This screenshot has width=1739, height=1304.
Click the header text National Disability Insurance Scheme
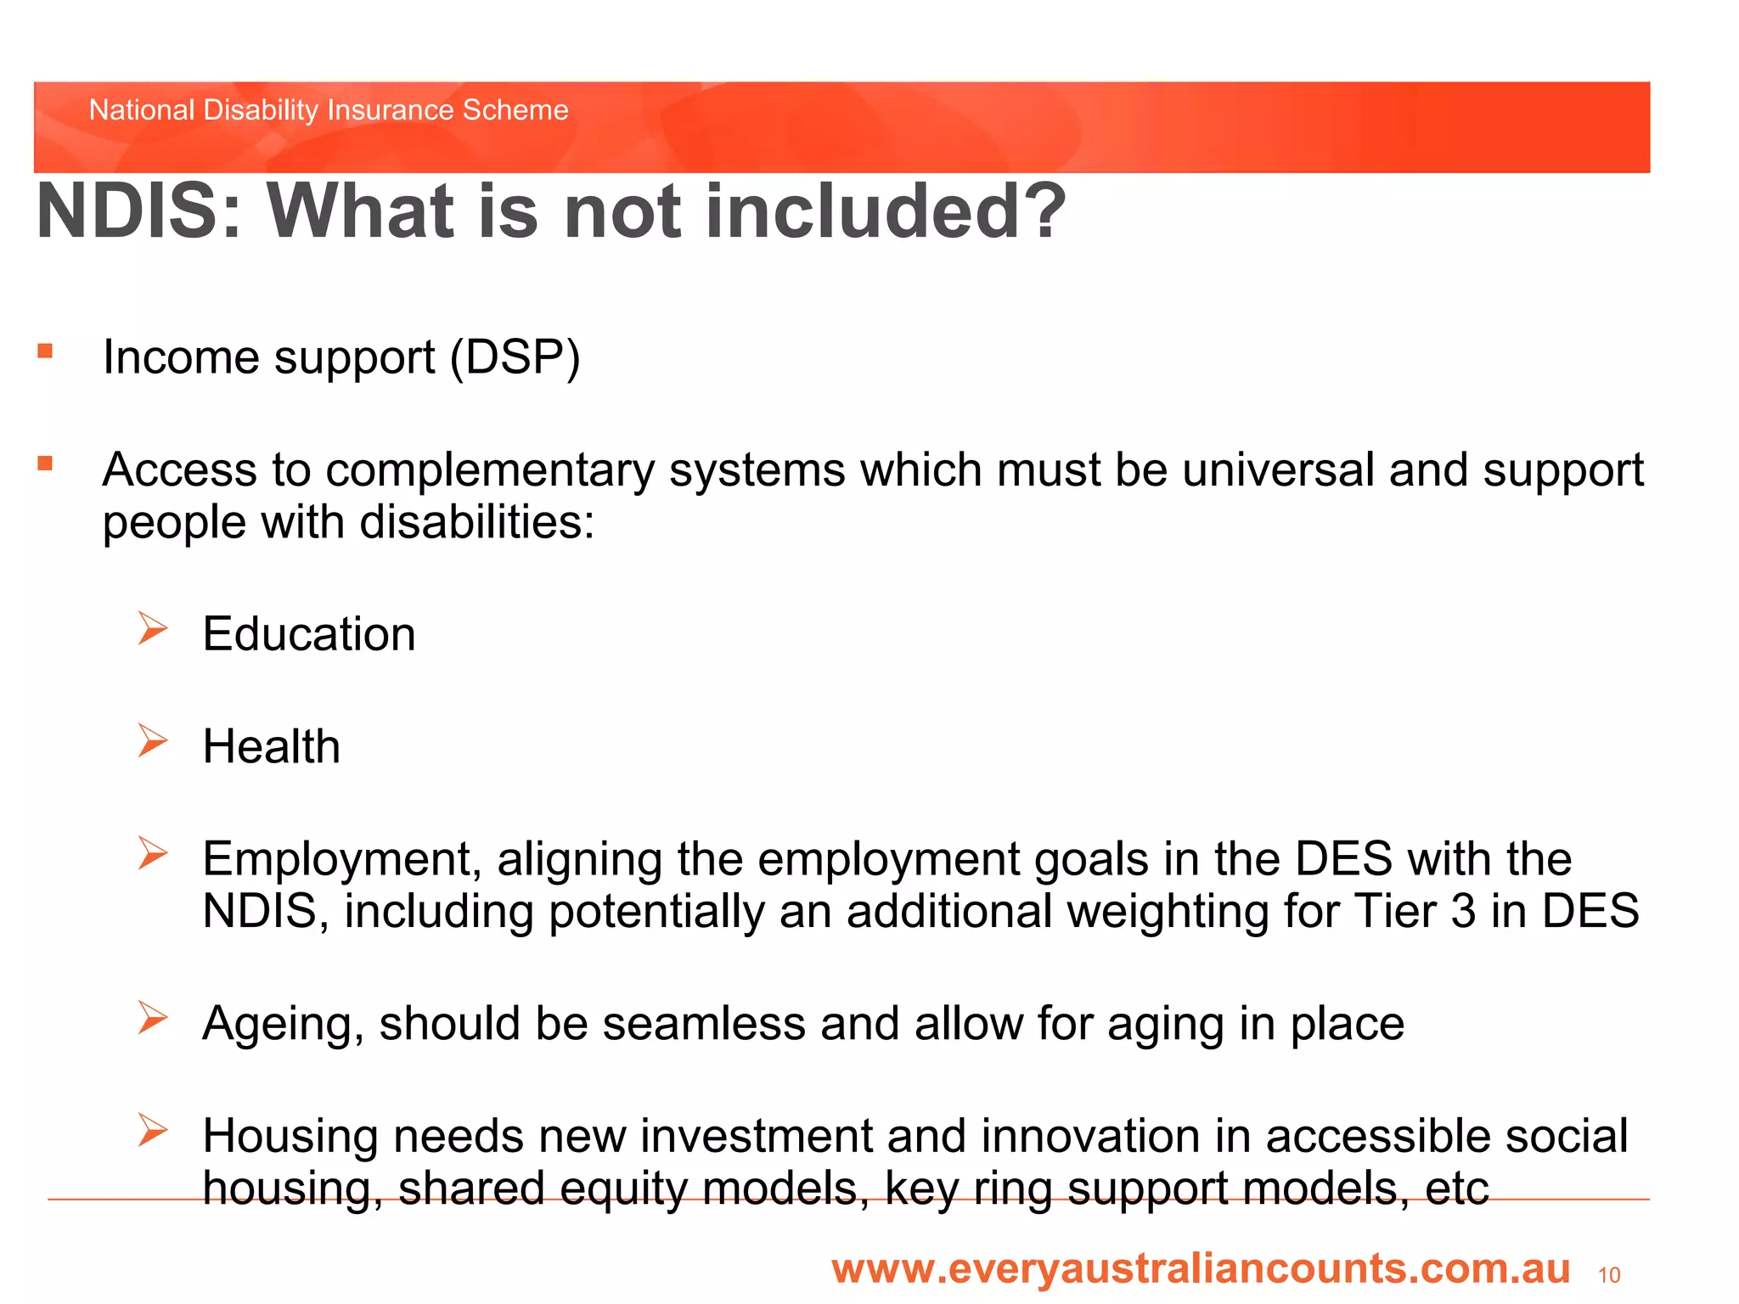tap(329, 110)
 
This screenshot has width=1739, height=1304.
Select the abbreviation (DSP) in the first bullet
tap(515, 357)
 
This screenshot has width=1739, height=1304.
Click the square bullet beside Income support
tap(45, 351)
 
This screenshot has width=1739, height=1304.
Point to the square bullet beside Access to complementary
tap(45, 464)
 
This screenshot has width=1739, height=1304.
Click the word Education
tap(309, 634)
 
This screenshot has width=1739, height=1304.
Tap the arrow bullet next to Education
tap(153, 629)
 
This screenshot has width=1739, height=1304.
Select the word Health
tap(271, 747)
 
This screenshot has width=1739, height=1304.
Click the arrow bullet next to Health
tap(153, 741)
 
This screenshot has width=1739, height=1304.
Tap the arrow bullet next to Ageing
tap(153, 1018)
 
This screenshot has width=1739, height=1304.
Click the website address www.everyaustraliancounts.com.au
tap(1201, 1268)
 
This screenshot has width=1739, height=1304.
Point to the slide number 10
tap(1608, 1275)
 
